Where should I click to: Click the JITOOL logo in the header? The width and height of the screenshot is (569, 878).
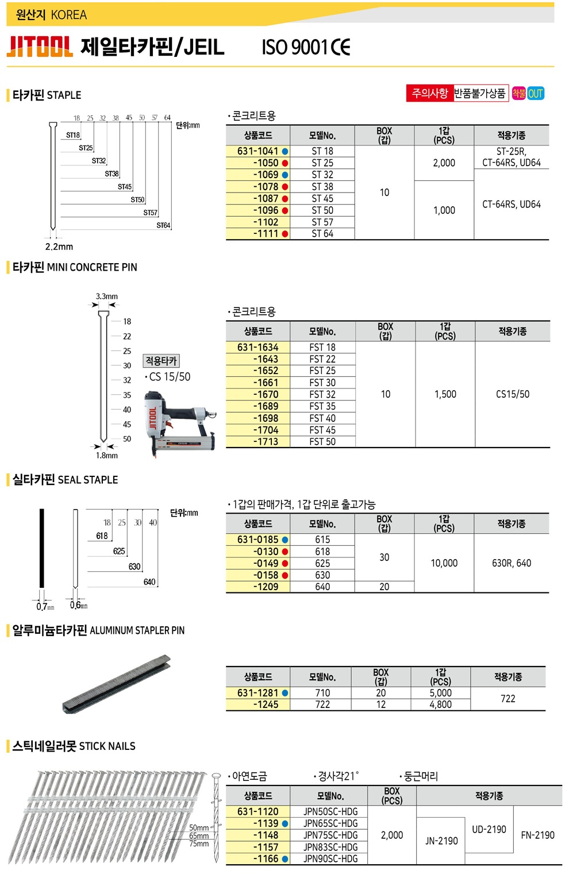click(40, 47)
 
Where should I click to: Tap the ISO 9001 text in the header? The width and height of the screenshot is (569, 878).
click(294, 48)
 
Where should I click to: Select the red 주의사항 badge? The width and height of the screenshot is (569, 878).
click(430, 93)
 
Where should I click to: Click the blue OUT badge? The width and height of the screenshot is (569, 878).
click(535, 93)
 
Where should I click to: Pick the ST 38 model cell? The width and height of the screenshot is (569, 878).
click(322, 187)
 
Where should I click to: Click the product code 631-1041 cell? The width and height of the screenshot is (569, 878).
click(257, 151)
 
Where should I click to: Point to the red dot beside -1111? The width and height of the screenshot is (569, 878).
click(285, 234)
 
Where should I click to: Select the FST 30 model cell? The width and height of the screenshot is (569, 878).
click(322, 383)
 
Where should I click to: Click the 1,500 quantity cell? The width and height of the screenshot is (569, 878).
click(445, 394)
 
